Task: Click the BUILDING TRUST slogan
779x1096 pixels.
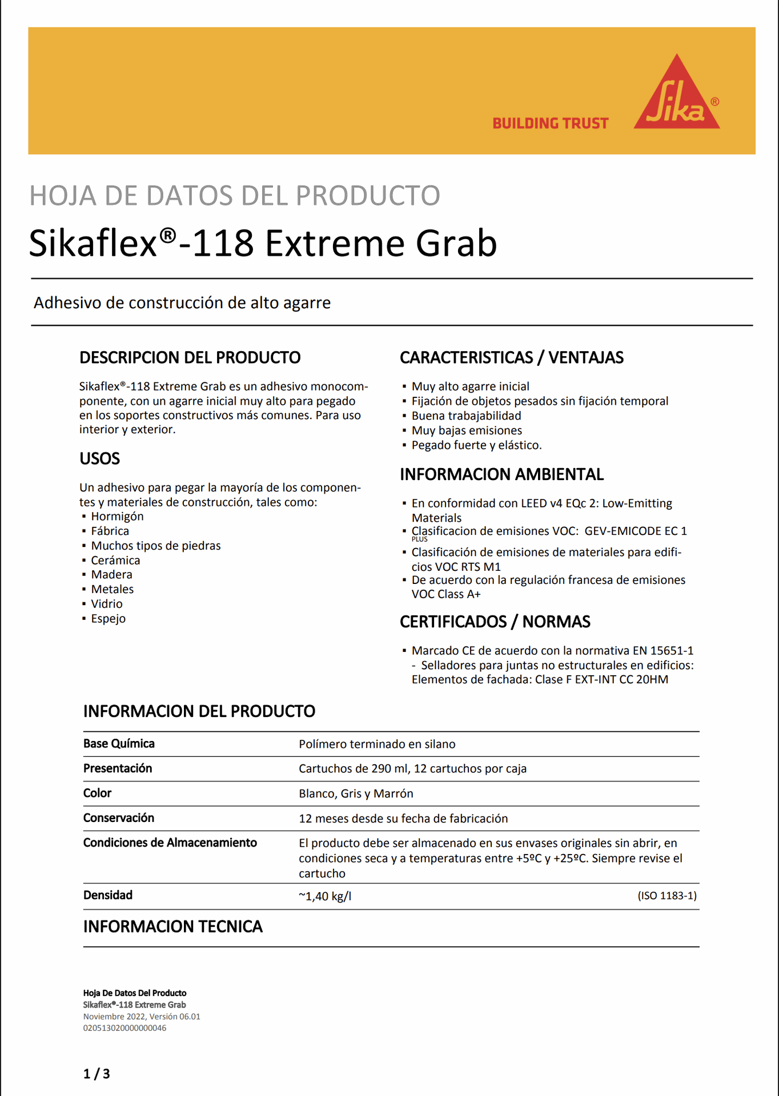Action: (551, 123)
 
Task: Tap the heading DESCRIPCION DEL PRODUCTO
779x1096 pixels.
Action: (190, 358)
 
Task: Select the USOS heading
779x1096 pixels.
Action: (99, 459)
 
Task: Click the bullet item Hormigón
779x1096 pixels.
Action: (117, 517)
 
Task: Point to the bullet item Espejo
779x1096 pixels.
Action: (108, 619)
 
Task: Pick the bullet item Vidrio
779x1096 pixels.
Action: (107, 604)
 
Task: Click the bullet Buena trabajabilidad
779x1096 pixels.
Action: (466, 416)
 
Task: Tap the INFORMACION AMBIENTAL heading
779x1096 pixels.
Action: (501, 475)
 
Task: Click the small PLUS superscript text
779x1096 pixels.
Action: (419, 539)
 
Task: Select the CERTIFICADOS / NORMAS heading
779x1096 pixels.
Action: (495, 622)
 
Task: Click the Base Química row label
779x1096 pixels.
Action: (119, 744)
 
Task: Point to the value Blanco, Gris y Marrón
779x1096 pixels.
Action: (356, 793)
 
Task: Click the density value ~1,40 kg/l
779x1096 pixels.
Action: (325, 896)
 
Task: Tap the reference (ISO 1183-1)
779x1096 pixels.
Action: (666, 896)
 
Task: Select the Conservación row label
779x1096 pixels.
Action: (119, 818)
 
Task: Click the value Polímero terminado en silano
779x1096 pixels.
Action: (377, 744)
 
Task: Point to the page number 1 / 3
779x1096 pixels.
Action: (97, 1074)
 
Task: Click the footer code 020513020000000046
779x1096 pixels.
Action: (125, 1028)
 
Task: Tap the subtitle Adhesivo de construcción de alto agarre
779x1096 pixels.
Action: (182, 303)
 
